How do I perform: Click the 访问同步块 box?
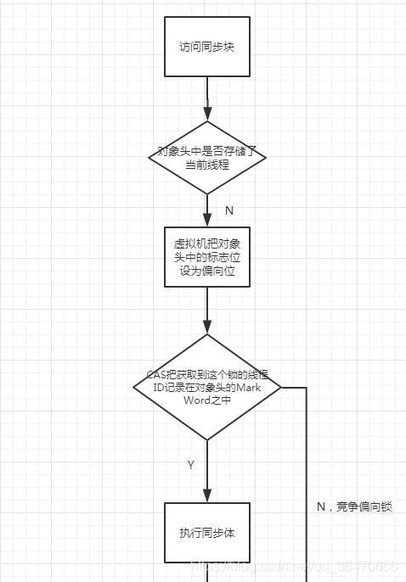(x=207, y=47)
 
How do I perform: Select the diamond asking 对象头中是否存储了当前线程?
(x=207, y=158)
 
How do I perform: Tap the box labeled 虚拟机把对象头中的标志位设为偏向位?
(x=207, y=257)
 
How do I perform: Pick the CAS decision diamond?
(x=207, y=387)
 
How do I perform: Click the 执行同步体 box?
(x=207, y=533)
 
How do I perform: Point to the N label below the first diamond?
(x=229, y=210)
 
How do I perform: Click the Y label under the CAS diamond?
(x=191, y=465)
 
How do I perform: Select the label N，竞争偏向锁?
(x=354, y=506)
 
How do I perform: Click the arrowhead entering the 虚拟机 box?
(x=207, y=220)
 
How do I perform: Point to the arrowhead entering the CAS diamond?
(x=207, y=327)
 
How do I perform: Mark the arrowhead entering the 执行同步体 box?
(x=207, y=495)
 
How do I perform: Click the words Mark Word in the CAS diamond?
(x=223, y=394)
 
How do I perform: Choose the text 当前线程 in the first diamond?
(x=207, y=165)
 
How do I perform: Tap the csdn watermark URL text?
(x=295, y=567)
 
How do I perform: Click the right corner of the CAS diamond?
(x=281, y=387)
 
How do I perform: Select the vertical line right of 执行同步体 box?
(x=307, y=484)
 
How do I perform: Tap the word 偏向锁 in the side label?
(x=375, y=506)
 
